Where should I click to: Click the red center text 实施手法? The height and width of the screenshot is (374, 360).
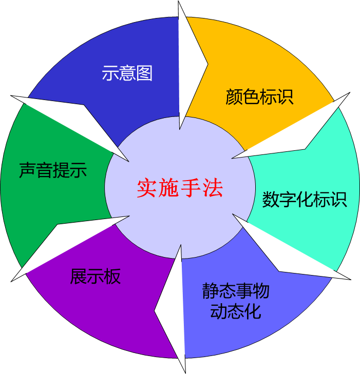[180, 188]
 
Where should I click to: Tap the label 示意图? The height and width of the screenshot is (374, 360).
[127, 73]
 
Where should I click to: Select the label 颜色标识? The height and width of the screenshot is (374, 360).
[259, 97]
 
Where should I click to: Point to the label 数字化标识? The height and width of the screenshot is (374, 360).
[305, 199]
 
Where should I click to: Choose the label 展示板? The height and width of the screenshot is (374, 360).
[96, 277]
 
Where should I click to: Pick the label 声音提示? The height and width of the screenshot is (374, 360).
[53, 170]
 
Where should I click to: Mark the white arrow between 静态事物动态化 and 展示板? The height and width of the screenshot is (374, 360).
[172, 308]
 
